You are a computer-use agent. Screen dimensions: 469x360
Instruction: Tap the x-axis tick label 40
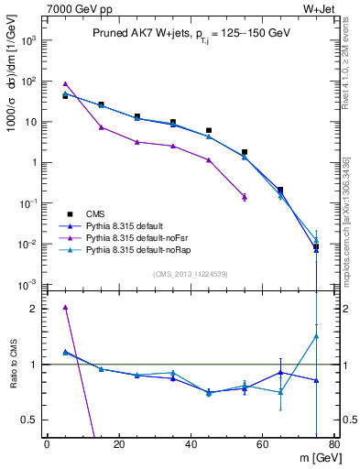point(191,445)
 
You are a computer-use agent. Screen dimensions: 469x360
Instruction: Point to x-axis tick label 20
point(119,445)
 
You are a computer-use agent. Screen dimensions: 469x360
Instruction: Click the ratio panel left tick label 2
point(35,309)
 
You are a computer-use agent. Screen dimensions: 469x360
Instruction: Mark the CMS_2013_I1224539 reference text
point(191,273)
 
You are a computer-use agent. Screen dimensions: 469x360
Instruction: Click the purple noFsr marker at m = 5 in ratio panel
point(65,307)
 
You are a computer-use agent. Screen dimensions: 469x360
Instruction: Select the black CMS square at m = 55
point(245,152)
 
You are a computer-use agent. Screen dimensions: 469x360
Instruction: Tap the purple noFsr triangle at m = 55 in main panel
point(245,196)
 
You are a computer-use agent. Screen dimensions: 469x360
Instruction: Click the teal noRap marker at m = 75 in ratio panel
point(316,336)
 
